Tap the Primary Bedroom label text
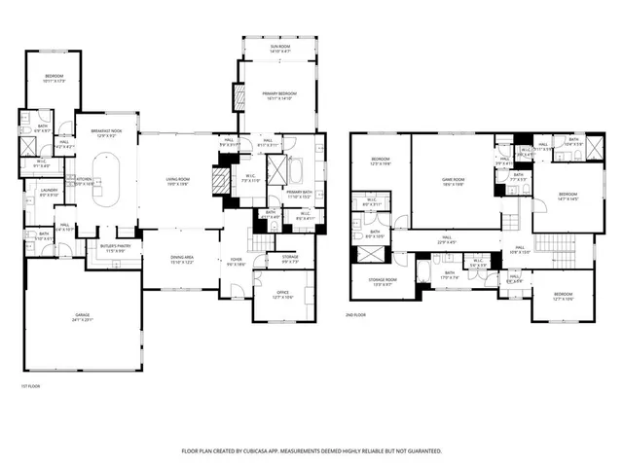(x=278, y=92)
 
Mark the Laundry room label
(x=49, y=193)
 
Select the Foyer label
(x=236, y=260)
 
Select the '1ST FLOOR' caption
(x=31, y=387)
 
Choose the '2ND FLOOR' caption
(x=357, y=315)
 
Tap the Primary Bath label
(x=298, y=192)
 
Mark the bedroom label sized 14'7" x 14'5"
(x=568, y=198)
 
